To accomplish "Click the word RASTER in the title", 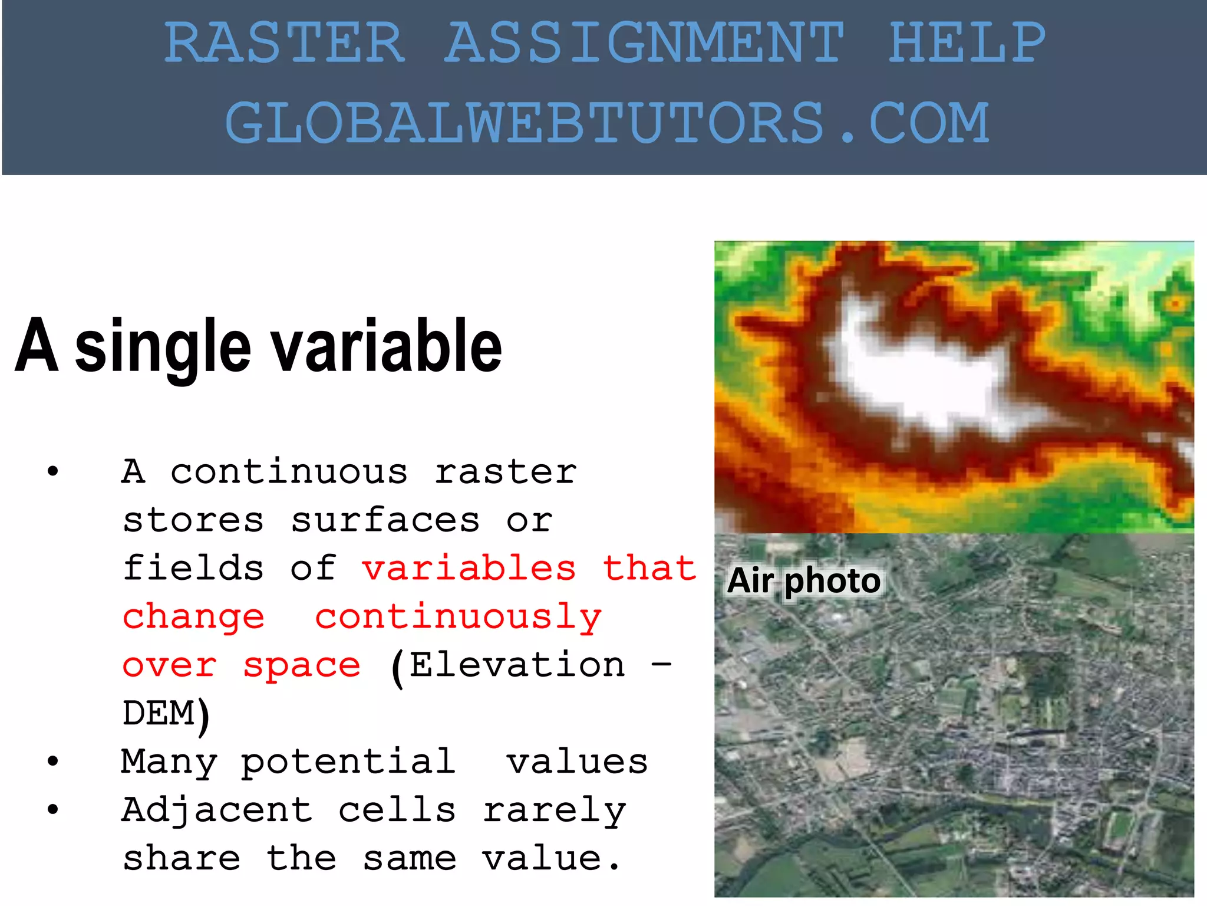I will pos(284,42).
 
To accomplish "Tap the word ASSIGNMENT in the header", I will pos(644,42).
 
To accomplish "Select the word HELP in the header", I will pos(967,42).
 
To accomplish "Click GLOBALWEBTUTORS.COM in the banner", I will pos(607,123).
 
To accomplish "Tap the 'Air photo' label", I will pos(804,580).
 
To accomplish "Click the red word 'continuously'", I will pos(458,618).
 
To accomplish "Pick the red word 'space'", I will pos(302,665).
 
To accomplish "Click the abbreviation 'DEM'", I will pos(159,713).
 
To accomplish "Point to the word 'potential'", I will pos(348,761).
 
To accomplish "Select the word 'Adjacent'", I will pos(217,810).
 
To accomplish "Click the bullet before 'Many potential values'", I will pos(53,761).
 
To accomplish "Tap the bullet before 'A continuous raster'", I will pos(53,471).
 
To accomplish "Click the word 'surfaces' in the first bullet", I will pos(385,520).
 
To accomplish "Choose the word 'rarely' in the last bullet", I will pos(554,810).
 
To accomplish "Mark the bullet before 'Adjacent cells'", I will pos(53,810).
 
